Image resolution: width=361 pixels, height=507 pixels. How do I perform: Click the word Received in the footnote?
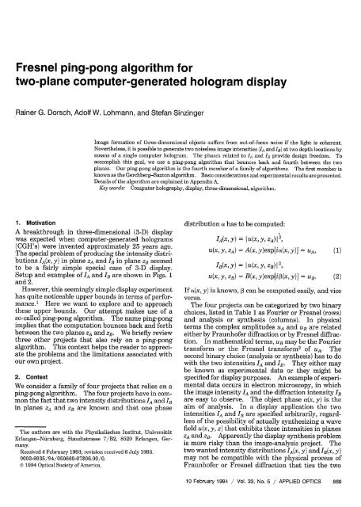coord(36,462)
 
